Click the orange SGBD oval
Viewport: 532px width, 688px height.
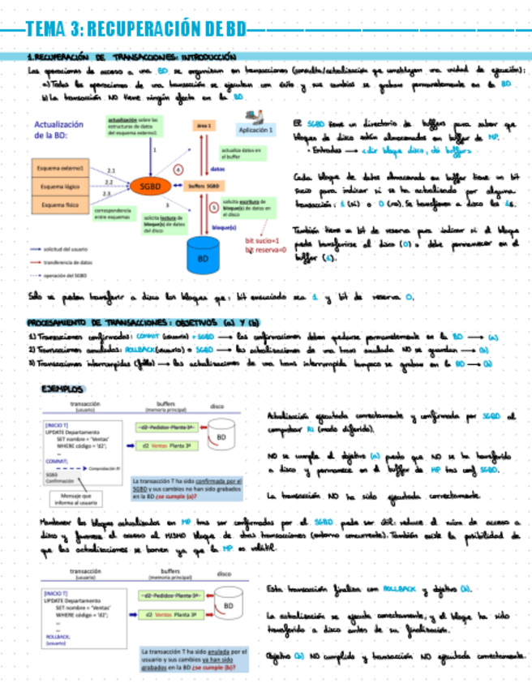(149, 186)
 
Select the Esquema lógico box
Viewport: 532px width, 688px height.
(58, 186)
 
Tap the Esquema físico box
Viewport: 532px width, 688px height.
(58, 205)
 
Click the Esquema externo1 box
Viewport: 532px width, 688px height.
(58, 167)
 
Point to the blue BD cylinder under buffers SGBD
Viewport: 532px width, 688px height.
(204, 253)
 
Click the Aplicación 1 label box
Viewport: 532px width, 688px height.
(255, 129)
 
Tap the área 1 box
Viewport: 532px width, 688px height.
(204, 126)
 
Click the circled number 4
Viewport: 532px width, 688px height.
(179, 168)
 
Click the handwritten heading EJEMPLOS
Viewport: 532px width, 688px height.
(62, 389)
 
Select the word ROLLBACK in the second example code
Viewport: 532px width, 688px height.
(58, 635)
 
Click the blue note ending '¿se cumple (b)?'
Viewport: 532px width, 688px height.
(187, 663)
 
